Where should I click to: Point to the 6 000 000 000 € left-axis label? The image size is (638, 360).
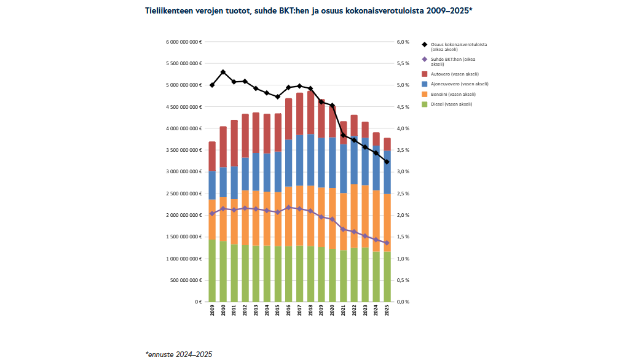click(x=183, y=42)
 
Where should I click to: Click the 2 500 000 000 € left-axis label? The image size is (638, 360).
click(x=183, y=194)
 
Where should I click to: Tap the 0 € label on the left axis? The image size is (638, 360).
click(x=198, y=302)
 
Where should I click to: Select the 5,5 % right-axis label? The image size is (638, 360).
click(x=403, y=63)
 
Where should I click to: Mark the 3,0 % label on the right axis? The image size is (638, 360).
click(x=403, y=172)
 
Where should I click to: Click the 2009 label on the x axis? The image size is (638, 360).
click(x=212, y=311)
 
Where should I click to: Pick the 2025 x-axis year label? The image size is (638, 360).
click(x=387, y=311)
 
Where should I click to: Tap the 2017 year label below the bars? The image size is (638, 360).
click(x=300, y=311)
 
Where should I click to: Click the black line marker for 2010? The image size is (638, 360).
click(x=223, y=72)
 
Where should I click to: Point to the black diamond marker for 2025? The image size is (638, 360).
click(x=387, y=162)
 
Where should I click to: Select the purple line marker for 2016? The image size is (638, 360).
click(x=289, y=208)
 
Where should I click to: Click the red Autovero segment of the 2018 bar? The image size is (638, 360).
click(x=310, y=112)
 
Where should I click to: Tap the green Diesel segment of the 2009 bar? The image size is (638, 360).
click(x=212, y=270)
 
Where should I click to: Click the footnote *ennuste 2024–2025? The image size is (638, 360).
click(x=179, y=354)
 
